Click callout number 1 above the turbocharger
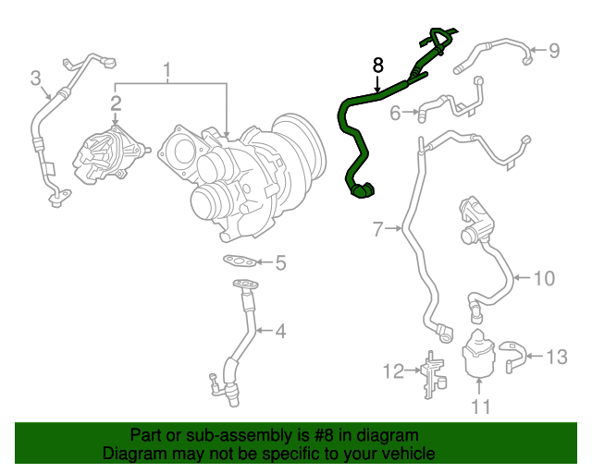[x=168, y=70]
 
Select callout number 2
[x=117, y=102]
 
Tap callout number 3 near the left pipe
[x=36, y=78]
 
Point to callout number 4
[x=279, y=331]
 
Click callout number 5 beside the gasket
[x=280, y=263]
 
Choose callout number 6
[x=395, y=114]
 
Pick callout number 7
[x=377, y=229]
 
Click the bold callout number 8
[x=377, y=65]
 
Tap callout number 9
[x=554, y=51]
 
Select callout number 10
[x=544, y=276]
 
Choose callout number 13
[x=556, y=356]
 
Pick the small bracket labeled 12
[x=430, y=373]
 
